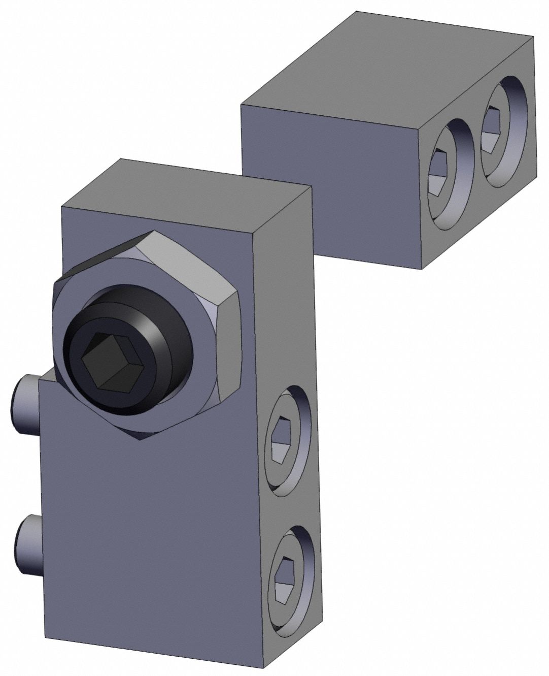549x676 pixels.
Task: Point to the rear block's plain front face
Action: pos(330,188)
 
